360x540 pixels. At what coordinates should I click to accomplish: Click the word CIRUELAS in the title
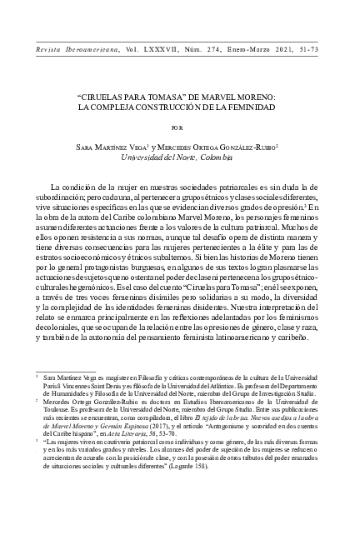tap(111, 98)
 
